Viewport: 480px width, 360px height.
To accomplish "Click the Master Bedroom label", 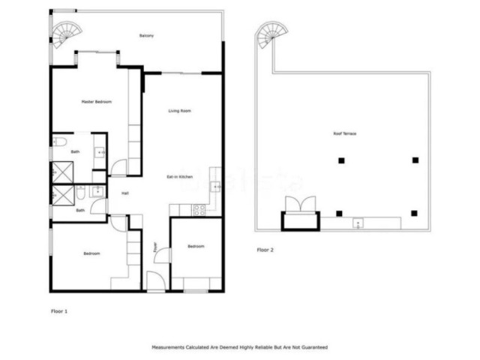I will click(97, 101).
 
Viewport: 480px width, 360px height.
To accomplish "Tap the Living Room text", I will click(179, 111).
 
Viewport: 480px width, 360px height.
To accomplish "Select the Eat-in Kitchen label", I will click(179, 177).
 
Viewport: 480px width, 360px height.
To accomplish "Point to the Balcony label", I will click(147, 36).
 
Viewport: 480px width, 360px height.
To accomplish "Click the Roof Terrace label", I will click(345, 133).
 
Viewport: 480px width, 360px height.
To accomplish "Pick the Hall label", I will click(125, 193).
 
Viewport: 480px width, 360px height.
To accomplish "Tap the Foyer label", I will click(155, 246).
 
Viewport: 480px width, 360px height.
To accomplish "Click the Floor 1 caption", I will click(58, 310).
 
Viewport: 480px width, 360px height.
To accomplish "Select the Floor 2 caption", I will click(265, 250).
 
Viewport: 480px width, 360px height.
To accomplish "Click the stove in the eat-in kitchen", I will click(200, 211).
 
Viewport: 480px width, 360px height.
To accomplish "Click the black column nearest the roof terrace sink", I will click(340, 214).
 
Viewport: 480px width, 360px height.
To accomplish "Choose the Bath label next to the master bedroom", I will click(75, 152).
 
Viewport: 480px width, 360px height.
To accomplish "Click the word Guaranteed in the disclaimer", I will click(315, 347).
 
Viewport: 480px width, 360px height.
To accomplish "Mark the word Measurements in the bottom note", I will click(170, 347).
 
